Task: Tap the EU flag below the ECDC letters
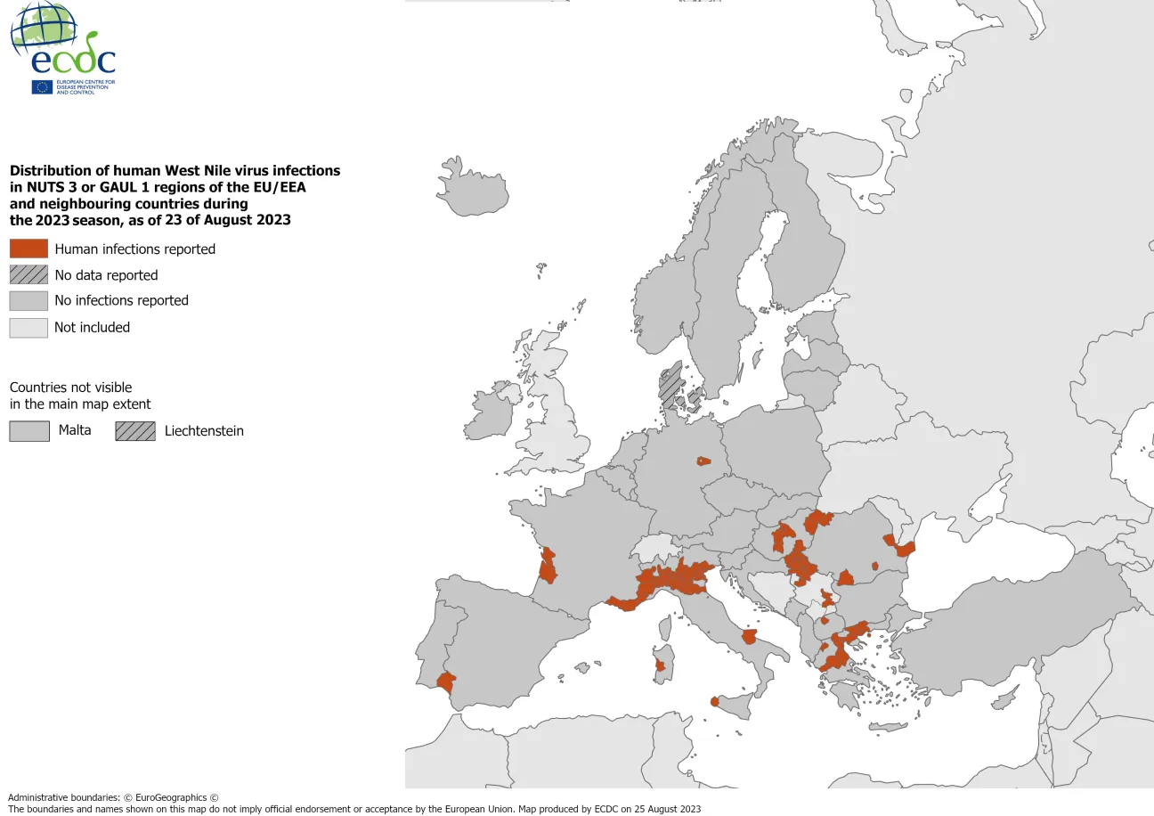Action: point(42,86)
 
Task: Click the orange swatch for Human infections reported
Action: point(28,249)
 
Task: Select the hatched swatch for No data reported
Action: point(28,274)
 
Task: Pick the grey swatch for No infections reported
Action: point(28,300)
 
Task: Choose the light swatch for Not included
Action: point(28,327)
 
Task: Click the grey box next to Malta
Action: point(28,431)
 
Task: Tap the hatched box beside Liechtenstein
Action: point(134,431)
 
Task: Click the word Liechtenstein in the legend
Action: point(204,431)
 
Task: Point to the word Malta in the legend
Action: point(75,431)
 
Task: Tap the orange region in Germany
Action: point(703,461)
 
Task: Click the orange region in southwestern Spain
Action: point(446,682)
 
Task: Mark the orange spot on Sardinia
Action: point(660,665)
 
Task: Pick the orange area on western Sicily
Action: point(715,702)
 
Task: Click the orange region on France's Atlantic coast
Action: point(548,566)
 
